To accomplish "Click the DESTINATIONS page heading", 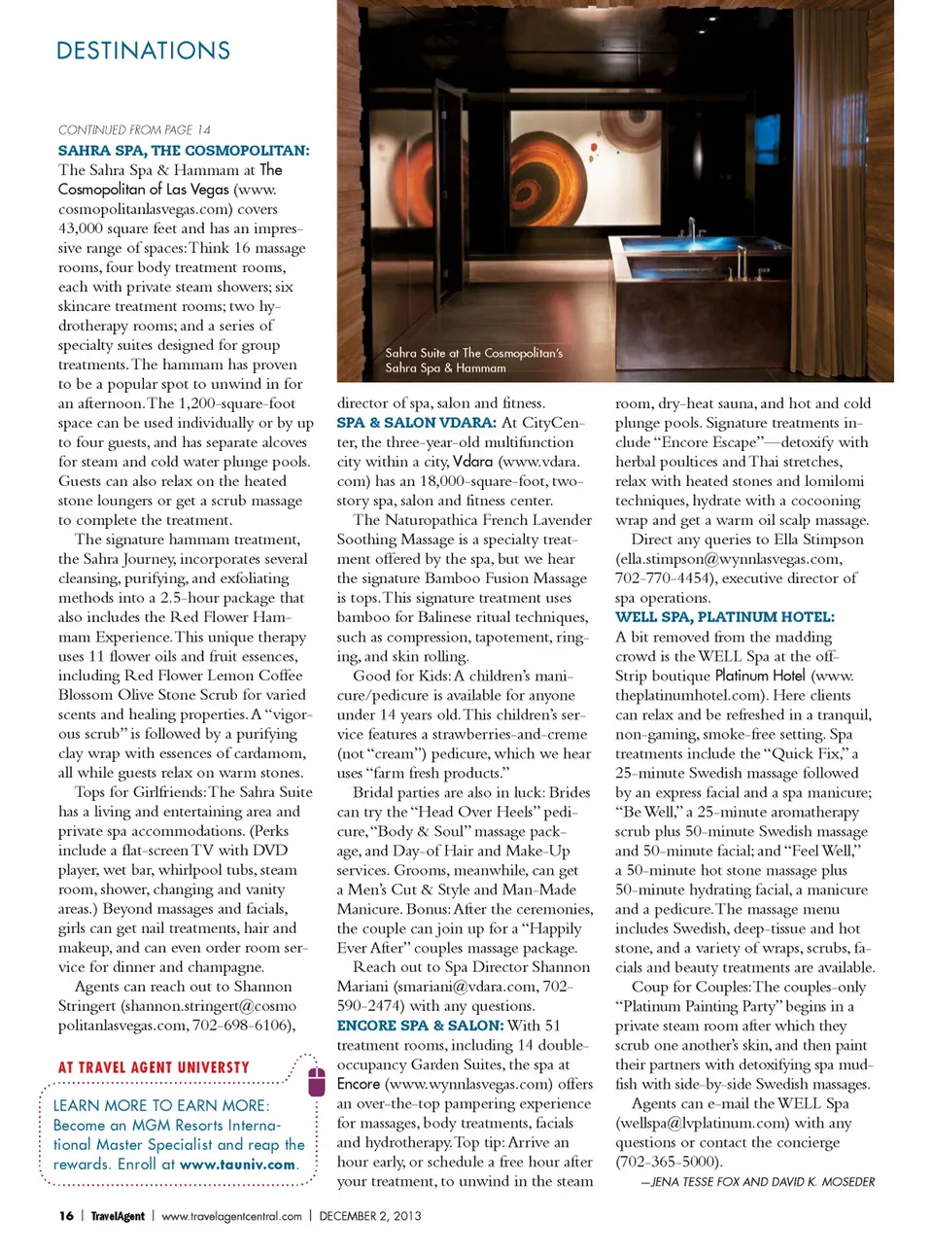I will pos(143,51).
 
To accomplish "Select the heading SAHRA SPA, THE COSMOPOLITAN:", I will pos(184,151).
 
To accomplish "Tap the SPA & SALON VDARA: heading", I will pos(416,423).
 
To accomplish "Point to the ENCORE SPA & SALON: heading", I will pos(420,1026).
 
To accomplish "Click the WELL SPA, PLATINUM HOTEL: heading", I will pos(724,617).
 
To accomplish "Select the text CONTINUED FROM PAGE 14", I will pos(134,129).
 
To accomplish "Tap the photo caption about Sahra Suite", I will pos(473,360).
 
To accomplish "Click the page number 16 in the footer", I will pos(66,1216).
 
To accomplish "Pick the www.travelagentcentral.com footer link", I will pos(231,1216).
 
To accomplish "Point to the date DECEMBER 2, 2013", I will pos(370,1216).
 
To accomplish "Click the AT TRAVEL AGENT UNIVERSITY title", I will pos(154,1067).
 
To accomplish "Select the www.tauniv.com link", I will pos(237,1165).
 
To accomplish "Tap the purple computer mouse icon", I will pos(316,1081).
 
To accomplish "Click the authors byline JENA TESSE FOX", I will pos(763,1182).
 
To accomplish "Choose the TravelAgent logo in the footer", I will pos(118,1216).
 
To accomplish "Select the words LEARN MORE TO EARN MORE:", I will pos(161,1105).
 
